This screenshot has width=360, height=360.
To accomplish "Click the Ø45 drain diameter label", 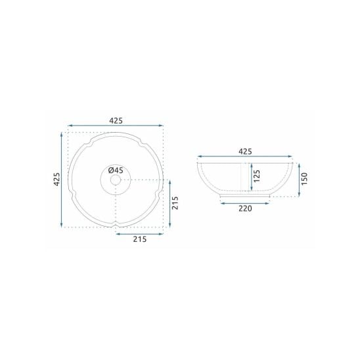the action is [116, 170].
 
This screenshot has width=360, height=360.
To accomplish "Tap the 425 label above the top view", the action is [116, 121].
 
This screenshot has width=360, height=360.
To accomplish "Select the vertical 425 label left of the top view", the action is [56, 179].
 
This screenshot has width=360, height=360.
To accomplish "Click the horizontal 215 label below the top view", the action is [140, 239].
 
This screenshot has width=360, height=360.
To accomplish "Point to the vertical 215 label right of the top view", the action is [175, 203].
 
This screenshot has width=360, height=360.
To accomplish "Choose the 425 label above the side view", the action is [245, 152].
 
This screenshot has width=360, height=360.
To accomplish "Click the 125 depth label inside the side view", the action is [257, 176].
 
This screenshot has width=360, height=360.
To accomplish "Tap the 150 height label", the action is [304, 179].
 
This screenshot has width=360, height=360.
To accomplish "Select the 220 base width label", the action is [245, 209].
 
